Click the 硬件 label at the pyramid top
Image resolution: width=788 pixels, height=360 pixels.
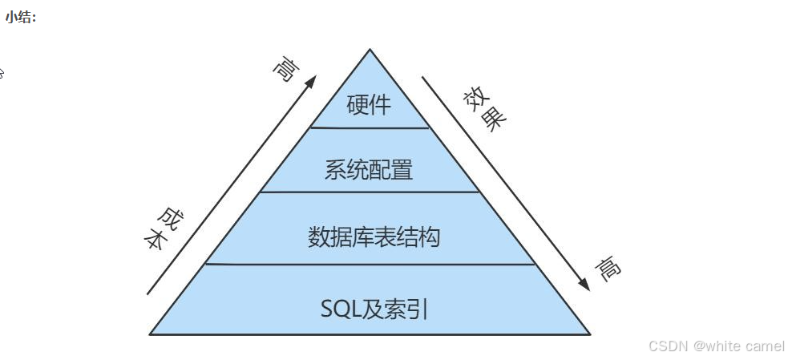coord(369,105)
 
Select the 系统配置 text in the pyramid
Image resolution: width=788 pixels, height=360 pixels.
coord(369,170)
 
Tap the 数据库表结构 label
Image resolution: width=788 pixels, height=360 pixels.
coord(374,237)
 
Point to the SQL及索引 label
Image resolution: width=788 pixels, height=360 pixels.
coord(374,309)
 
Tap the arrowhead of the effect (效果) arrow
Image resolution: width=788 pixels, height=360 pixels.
coord(585,285)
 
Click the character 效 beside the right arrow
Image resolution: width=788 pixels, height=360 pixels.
coord(475,99)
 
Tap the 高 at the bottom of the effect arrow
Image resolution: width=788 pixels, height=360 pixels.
coord(608,269)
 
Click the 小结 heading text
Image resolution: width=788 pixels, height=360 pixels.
coord(21,18)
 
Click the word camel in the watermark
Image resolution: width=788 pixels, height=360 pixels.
coord(764,346)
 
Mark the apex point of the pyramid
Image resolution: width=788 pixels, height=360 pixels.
coord(370,50)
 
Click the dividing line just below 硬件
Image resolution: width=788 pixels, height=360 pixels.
coord(370,127)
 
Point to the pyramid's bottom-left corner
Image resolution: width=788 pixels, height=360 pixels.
coord(150,334)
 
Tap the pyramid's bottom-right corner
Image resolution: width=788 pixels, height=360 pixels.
coord(590,334)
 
